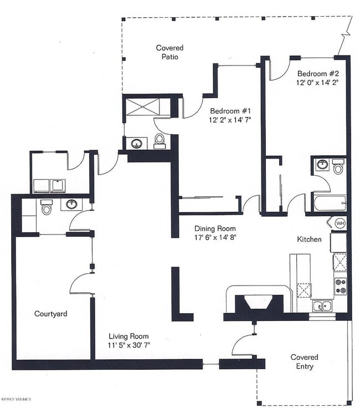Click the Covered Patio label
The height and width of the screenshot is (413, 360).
coord(169,52)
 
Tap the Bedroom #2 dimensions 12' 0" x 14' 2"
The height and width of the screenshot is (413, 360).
coord(317,83)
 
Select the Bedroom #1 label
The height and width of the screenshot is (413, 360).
coord(230,111)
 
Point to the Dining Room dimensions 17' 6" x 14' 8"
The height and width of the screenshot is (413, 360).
coord(215,237)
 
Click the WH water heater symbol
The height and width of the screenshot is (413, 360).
coord(340,223)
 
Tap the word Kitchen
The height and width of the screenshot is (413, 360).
coord(309,239)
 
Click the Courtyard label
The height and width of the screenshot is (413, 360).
coord(51,314)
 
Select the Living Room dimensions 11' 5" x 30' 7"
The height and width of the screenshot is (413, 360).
coord(129,345)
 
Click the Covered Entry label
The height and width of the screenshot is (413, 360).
coord(305,361)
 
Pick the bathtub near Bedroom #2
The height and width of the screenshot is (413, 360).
coord(330,203)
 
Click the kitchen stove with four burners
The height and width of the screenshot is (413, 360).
coord(340,286)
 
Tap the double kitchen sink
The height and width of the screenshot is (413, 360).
coord(322,306)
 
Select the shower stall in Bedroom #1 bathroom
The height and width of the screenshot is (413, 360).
coord(142,106)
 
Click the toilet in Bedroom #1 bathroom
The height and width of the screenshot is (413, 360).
coord(160,141)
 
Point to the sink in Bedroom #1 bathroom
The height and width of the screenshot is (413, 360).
coord(137,143)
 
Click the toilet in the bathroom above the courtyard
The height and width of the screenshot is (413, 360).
coord(47,207)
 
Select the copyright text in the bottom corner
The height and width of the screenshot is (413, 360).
coord(16,399)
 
